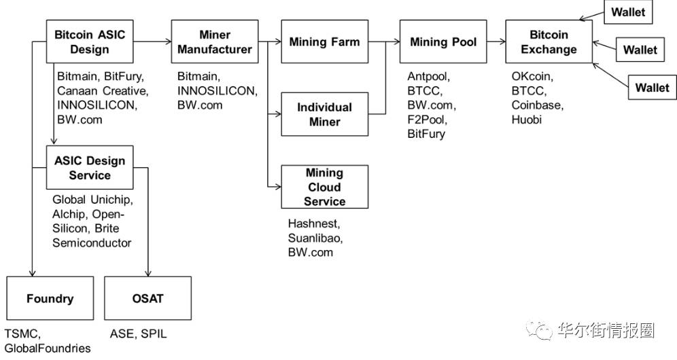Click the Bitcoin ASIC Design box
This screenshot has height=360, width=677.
(x=89, y=42)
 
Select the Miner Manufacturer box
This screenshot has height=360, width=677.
(x=215, y=42)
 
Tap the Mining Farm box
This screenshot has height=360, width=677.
(x=324, y=42)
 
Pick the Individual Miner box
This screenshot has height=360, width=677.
(x=324, y=115)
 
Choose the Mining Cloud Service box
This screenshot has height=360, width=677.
(x=324, y=187)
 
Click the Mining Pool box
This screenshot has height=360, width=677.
(x=442, y=42)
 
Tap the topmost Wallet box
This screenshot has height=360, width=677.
(x=627, y=12)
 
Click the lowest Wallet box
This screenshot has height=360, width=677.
(x=652, y=88)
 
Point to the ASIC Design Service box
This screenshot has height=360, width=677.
(x=89, y=168)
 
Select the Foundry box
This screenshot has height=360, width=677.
(x=50, y=298)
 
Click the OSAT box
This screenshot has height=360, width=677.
(x=147, y=298)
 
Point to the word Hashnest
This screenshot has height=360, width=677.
(x=313, y=223)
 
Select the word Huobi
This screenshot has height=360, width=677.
(x=527, y=120)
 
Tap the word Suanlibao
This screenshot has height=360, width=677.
(x=315, y=238)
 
